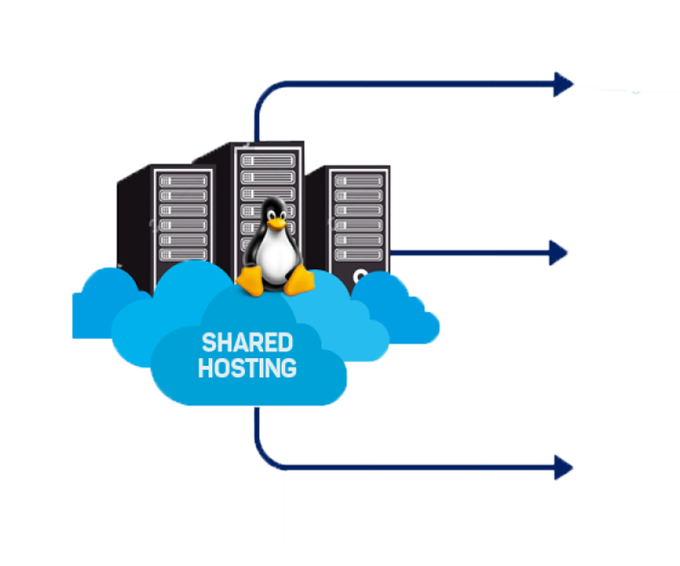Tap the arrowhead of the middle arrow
(559, 252)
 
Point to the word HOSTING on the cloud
(247, 369)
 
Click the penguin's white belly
(276, 257)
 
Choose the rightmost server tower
(357, 218)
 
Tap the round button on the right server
(359, 276)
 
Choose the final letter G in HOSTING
(288, 369)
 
